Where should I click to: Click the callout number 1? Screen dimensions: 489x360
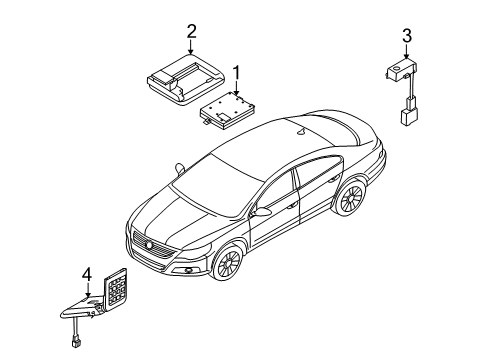(236, 73)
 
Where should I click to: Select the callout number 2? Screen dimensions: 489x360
(191, 32)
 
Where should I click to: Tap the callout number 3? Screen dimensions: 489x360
(407, 36)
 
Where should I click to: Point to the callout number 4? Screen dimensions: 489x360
(87, 276)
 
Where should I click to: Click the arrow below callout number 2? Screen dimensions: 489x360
(191, 47)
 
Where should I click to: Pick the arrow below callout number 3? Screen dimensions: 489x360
(406, 51)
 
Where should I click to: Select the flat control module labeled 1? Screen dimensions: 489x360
(227, 110)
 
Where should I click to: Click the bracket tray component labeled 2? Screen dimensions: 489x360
(185, 79)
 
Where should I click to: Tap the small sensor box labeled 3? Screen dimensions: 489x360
(401, 70)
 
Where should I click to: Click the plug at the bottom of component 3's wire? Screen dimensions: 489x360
(407, 117)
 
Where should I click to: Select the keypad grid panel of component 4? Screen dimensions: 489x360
(116, 288)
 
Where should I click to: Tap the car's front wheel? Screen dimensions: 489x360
(228, 262)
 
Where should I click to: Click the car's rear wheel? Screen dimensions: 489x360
(350, 198)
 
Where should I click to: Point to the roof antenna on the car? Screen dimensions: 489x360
(302, 132)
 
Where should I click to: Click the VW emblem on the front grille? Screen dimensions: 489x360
(149, 245)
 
